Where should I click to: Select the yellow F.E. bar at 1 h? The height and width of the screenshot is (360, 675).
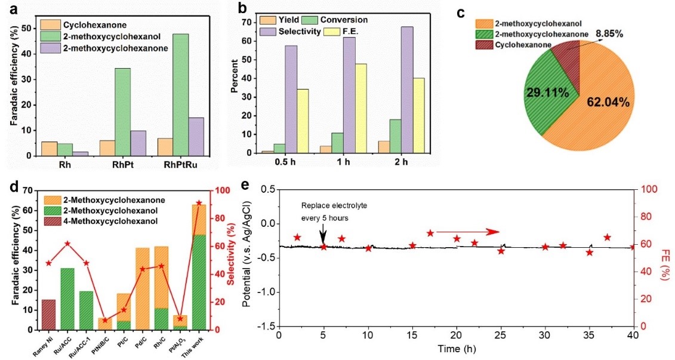(360, 108)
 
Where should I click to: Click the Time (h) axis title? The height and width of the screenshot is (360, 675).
(455, 348)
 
